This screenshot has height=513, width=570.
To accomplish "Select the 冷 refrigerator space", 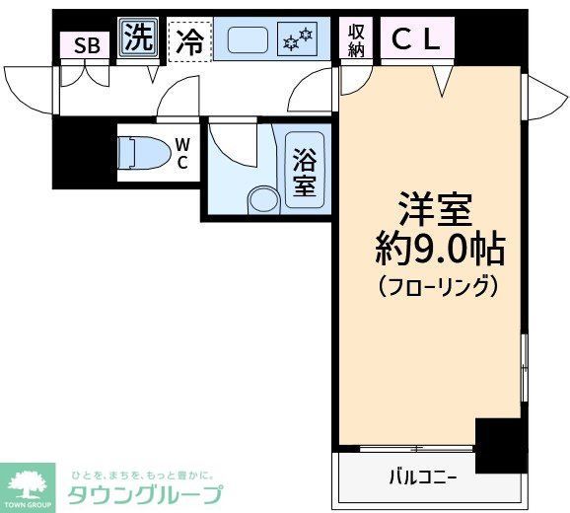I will [x=189, y=41].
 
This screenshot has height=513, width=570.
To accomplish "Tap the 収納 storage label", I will [x=356, y=39].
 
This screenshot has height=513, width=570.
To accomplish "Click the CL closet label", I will [x=418, y=39].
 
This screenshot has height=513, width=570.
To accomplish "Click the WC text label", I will [x=182, y=154].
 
